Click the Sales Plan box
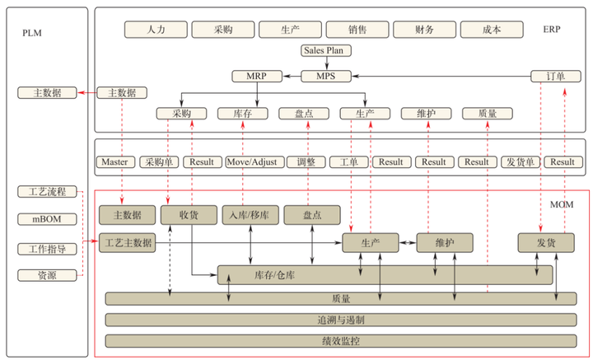tap(327, 50)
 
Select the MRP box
tap(256, 76)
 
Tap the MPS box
tap(327, 76)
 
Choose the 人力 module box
tap(155, 30)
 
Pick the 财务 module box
tap(424, 30)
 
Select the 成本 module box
tap(492, 30)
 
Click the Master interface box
tap(115, 161)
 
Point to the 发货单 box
tap(521, 161)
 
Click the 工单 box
tap(348, 161)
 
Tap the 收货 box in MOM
tap(189, 215)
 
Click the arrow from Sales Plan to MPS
tap(327, 63)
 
